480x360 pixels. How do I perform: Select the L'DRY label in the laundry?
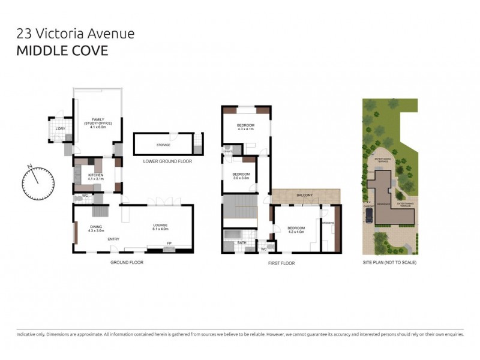[60, 129]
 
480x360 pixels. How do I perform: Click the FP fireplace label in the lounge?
[168, 243]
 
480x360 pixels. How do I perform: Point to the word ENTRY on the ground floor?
[114, 239]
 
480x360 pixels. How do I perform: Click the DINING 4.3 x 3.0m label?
[96, 228]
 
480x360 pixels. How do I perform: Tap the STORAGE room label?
[163, 145]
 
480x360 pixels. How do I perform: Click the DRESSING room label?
[328, 223]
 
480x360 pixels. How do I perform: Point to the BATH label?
[242, 243]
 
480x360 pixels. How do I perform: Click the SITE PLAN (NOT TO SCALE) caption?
[389, 263]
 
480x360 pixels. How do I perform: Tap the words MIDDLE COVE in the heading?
[62, 50]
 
